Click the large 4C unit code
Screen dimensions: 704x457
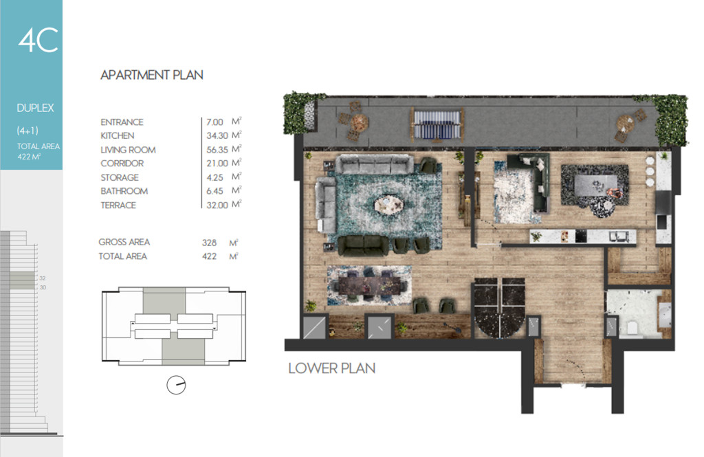pos(38,40)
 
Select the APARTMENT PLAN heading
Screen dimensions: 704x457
pos(152,75)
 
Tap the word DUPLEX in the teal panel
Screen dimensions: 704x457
pos(35,108)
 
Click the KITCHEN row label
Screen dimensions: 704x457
pos(117,135)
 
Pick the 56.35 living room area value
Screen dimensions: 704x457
pos(217,150)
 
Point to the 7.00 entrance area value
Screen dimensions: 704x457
pos(214,122)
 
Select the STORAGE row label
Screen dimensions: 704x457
pos(120,177)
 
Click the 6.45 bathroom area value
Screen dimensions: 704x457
pos(214,191)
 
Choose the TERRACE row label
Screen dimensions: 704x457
pos(118,205)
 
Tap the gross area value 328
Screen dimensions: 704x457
pos(209,243)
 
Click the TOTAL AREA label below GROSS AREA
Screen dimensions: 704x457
pos(122,256)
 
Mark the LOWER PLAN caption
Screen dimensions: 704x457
pos(332,368)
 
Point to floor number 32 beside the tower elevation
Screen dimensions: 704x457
pos(43,278)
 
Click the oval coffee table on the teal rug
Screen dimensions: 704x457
pos(389,205)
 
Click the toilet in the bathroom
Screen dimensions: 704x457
pos(632,327)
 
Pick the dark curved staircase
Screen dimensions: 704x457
pos(500,307)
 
